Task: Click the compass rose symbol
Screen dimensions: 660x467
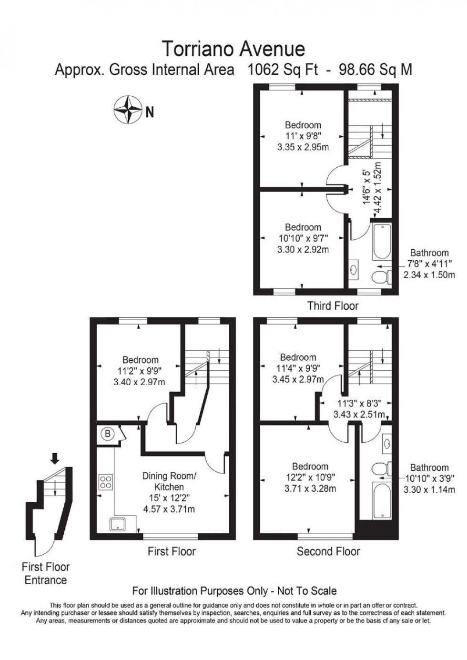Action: tap(128, 110)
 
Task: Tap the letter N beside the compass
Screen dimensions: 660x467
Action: tap(150, 112)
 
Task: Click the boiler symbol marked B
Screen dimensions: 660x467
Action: tap(108, 434)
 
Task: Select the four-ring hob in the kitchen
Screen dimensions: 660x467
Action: tap(105, 482)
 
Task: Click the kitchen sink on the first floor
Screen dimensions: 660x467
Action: tap(117, 524)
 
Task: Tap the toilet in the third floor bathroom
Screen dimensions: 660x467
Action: tap(379, 276)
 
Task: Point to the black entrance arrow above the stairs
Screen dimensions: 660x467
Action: tap(55, 458)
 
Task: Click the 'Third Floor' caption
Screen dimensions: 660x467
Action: tap(333, 305)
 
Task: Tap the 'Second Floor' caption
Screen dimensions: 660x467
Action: tap(328, 551)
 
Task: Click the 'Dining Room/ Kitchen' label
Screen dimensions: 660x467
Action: tap(169, 481)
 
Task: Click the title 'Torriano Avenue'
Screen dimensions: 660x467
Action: tap(233, 49)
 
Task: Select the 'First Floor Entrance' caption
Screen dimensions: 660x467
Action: tap(46, 573)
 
